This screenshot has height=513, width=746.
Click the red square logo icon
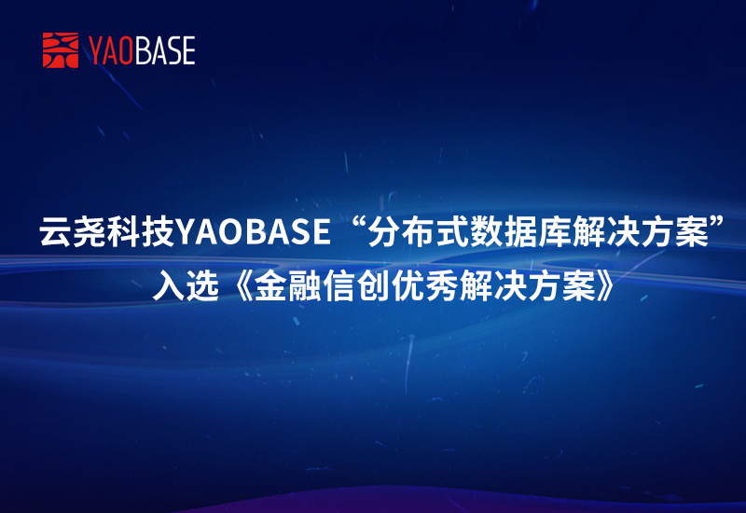[61, 50]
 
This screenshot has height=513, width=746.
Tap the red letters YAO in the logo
[110, 51]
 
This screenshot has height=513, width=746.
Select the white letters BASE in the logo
[164, 51]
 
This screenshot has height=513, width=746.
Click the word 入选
[186, 285]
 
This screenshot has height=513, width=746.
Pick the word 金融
[287, 285]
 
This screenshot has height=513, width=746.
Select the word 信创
[355, 285]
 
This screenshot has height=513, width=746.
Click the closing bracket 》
[605, 286]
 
